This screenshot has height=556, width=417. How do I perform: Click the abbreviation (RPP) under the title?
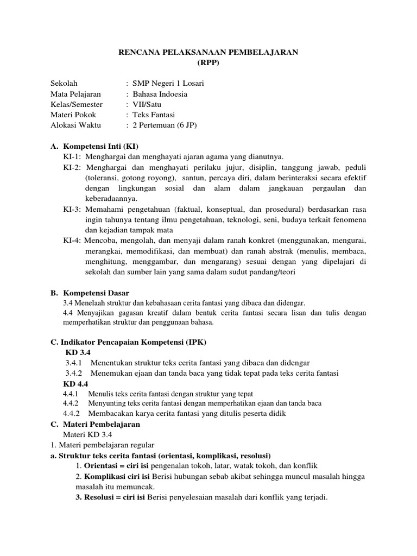click(x=208, y=63)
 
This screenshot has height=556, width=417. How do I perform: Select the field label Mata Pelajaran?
click(x=75, y=93)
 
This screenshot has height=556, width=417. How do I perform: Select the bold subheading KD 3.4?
click(x=78, y=352)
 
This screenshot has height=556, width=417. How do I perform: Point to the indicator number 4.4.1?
click(x=71, y=394)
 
